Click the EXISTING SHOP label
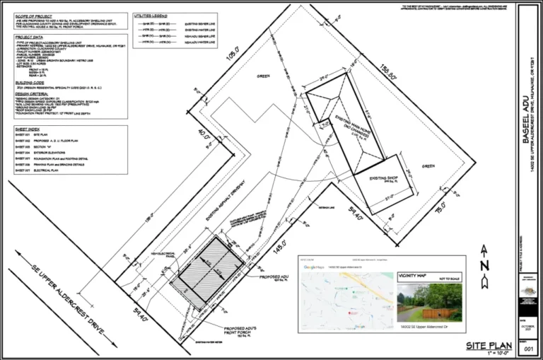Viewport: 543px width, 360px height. [383, 180]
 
